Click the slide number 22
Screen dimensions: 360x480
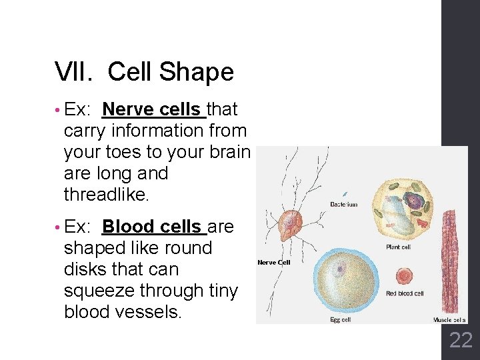click(x=461, y=341)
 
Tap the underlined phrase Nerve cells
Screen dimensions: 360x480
click(x=152, y=109)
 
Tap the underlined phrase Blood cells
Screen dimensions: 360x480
click(x=153, y=227)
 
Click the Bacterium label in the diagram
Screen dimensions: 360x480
click(x=344, y=205)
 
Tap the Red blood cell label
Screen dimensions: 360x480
click(x=405, y=293)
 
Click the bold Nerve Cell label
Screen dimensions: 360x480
click(x=275, y=263)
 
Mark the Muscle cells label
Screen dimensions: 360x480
click(x=449, y=320)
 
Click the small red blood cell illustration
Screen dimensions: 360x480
click(x=404, y=276)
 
